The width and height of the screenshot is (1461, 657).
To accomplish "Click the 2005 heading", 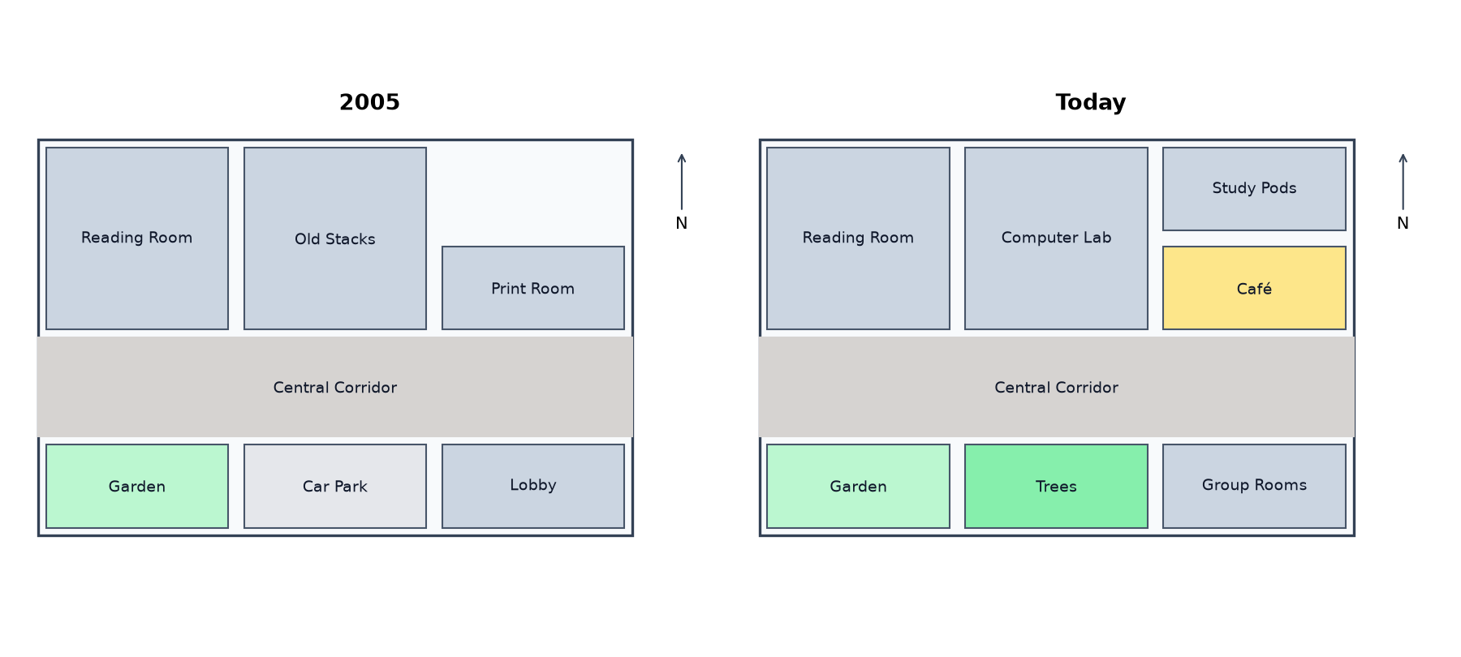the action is (x=369, y=102).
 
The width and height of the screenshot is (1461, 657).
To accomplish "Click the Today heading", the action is (x=1090, y=102).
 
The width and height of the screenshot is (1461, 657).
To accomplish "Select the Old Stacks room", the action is (x=335, y=238).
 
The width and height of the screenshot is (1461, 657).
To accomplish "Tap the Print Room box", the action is (x=533, y=288).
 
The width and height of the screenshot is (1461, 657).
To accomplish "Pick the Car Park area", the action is (x=335, y=486).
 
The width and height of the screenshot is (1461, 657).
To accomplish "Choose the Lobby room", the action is (x=533, y=486).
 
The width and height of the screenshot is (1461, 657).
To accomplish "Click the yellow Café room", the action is (x=1254, y=288).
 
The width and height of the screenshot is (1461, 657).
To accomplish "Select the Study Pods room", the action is (x=1254, y=189).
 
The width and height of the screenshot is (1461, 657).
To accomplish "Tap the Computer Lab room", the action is (x=1056, y=238).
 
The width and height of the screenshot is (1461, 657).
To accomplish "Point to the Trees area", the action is (x=1056, y=486).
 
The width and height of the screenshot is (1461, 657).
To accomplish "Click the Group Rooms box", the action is (x=1254, y=486).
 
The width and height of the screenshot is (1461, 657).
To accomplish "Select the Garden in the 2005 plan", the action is (x=137, y=486).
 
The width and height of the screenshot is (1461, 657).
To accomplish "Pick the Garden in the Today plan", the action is (x=858, y=486).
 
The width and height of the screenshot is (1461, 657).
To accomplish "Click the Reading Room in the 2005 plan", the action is (x=137, y=238).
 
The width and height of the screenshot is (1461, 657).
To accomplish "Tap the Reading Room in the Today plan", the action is (x=858, y=238).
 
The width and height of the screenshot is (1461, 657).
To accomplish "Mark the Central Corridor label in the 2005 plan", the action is (x=335, y=388).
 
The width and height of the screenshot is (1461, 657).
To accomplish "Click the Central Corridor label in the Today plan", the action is (x=1056, y=388).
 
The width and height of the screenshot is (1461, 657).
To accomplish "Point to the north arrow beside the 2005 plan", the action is (x=682, y=182).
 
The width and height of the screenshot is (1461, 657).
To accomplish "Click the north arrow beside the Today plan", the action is (x=1403, y=182).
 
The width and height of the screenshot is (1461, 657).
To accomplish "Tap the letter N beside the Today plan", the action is (x=1403, y=223).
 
